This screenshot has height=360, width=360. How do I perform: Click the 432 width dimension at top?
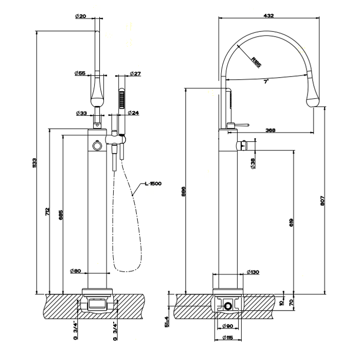(x=268, y=16)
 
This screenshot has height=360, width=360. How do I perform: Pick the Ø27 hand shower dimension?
(x=135, y=74)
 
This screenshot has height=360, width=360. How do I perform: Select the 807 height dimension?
(x=322, y=201)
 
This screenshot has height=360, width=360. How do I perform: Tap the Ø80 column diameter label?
(x=76, y=271)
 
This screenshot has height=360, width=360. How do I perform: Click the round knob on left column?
(x=96, y=147)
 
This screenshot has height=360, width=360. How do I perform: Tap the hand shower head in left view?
(x=122, y=99)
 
